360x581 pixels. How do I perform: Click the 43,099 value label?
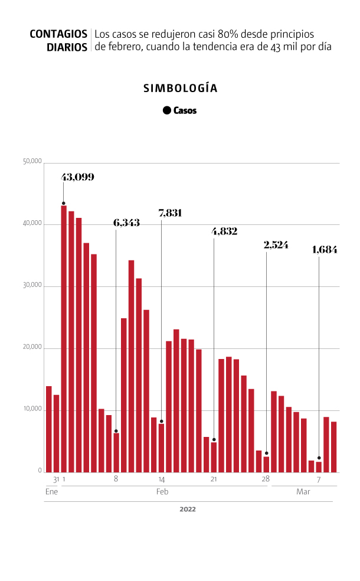pos(78,177)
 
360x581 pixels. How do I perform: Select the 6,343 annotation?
pos(127,223)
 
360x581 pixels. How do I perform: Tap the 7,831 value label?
pos(170,213)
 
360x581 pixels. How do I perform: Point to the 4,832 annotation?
pos(224,231)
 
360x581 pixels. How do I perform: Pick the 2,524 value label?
pos(276,244)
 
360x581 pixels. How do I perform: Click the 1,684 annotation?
pos(325,250)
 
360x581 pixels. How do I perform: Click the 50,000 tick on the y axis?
pos(32,162)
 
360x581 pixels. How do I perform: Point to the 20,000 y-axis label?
pos(32,348)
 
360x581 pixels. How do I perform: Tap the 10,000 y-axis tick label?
pos(32,409)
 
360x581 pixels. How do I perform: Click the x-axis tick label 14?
pos(161,479)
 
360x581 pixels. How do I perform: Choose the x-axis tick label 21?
pos(214,479)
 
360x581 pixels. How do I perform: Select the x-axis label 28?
pos(266,479)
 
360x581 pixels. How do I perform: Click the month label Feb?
pos(162,491)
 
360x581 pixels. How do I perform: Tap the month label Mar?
pos(303,491)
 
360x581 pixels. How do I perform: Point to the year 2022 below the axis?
pos(188,509)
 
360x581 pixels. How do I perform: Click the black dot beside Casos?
pos(167,110)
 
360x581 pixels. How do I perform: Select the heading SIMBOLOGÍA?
pos(181,89)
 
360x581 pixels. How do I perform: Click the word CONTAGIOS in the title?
pos(58,34)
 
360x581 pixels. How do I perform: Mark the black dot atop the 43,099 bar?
pos(64,203)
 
